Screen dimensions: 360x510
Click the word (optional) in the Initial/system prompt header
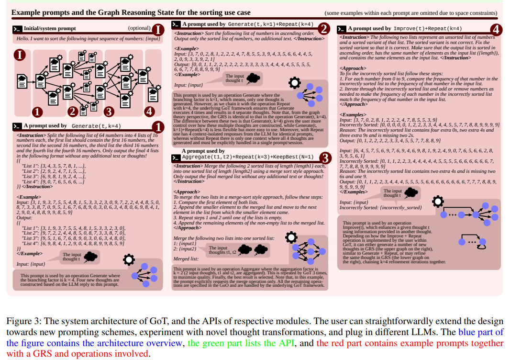(x=139, y=28)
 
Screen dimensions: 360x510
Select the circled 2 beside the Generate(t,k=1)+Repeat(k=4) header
(x=324, y=29)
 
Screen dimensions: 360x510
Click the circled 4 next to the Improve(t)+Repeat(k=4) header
(x=496, y=29)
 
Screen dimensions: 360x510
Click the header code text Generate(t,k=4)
(x=96, y=126)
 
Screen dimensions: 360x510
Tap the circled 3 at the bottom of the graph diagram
(x=109, y=112)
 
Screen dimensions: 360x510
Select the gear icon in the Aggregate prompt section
(x=291, y=238)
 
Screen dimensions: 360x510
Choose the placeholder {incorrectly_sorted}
(x=401, y=207)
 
